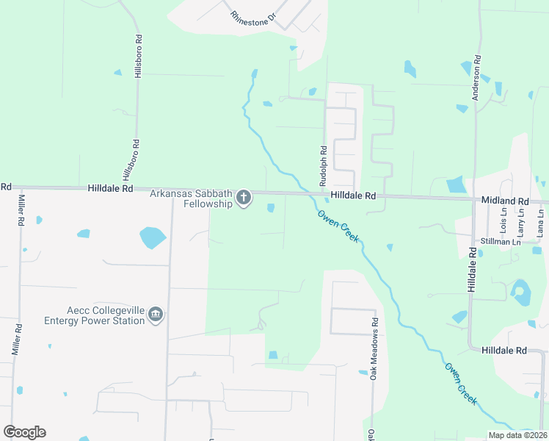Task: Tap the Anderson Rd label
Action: tap(476, 68)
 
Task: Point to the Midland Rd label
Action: tap(504, 200)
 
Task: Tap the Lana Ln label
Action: tap(541, 222)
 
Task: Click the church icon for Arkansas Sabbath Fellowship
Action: tap(243, 198)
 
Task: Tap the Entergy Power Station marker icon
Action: tap(155, 315)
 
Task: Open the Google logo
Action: tap(24, 432)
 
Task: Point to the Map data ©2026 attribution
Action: tap(517, 435)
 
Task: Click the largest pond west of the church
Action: tap(153, 237)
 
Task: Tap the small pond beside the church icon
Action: tap(271, 208)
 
